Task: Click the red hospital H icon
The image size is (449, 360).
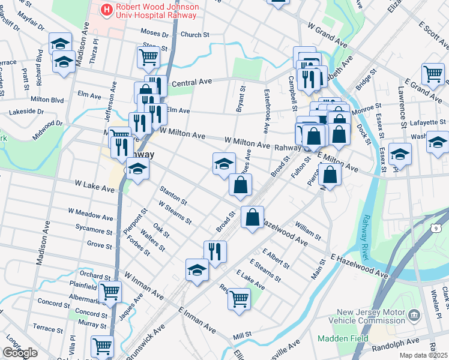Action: [107, 9]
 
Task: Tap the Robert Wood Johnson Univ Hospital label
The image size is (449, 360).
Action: [157, 9]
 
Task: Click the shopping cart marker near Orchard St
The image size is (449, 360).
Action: [109, 292]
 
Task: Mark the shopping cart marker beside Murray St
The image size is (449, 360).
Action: [102, 346]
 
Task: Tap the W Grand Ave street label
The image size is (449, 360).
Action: [327, 35]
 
